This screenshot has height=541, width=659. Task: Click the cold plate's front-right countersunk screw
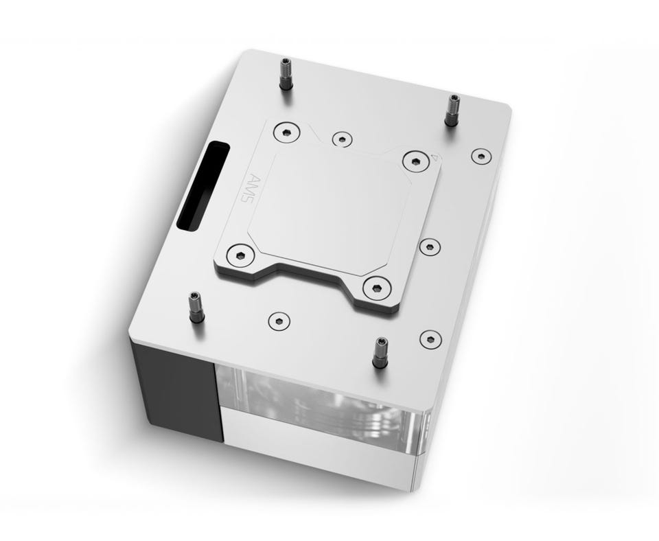(x=377, y=288)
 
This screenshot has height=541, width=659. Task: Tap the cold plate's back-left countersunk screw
(x=286, y=133)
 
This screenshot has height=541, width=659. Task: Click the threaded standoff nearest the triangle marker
(x=452, y=110)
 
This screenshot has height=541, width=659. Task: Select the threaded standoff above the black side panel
(x=196, y=307)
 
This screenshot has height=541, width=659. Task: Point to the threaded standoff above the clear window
(x=380, y=352)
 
